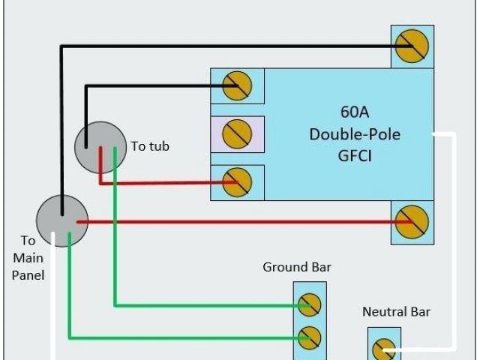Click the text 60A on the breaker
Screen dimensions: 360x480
click(355, 112)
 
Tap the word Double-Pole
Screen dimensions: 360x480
click(355, 134)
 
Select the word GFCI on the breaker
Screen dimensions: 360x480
click(355, 156)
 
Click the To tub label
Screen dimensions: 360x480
click(150, 146)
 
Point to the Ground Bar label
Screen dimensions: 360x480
click(296, 267)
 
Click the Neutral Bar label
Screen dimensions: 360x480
click(396, 312)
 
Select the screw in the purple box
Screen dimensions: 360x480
click(237, 134)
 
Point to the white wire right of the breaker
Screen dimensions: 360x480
click(454, 240)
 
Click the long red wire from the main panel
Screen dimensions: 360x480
click(240, 222)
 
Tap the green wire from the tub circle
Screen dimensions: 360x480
click(115, 240)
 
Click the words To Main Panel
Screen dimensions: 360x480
click(28, 258)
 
